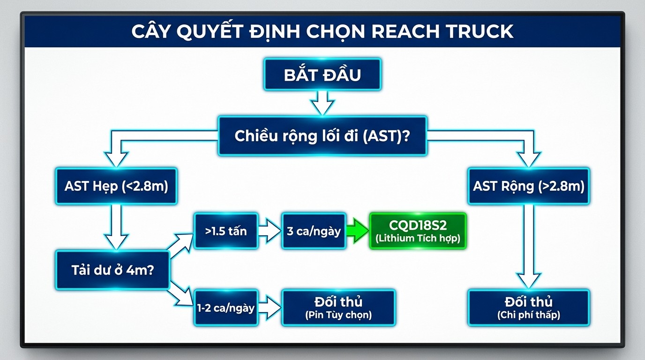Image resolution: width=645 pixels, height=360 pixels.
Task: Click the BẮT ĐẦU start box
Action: click(x=322, y=75)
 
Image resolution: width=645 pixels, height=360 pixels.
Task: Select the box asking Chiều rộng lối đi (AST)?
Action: click(x=322, y=136)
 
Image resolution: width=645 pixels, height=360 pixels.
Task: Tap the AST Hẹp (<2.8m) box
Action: click(x=116, y=186)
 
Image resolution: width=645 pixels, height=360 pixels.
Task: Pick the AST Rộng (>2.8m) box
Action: click(x=529, y=186)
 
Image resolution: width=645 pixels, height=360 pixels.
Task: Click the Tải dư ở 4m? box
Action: click(x=112, y=270)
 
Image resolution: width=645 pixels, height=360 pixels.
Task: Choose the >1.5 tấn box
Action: click(x=226, y=231)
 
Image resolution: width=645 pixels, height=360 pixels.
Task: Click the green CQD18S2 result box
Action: click(x=418, y=231)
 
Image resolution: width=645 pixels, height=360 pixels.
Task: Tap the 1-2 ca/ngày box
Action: click(x=226, y=307)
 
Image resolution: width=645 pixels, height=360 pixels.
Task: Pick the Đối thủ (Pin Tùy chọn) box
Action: click(x=338, y=307)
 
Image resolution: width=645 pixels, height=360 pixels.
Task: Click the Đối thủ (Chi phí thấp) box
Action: click(x=529, y=307)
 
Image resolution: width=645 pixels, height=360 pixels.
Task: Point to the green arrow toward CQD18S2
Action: click(x=358, y=231)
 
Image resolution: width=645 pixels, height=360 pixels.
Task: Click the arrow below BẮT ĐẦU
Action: click(x=322, y=103)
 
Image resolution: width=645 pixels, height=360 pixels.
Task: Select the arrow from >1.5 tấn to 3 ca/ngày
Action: click(x=270, y=231)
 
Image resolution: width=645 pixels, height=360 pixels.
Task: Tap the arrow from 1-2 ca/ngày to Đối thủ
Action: click(x=270, y=307)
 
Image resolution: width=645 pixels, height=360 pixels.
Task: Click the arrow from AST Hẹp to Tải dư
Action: click(x=116, y=227)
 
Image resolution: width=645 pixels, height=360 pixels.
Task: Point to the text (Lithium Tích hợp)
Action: click(x=418, y=239)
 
